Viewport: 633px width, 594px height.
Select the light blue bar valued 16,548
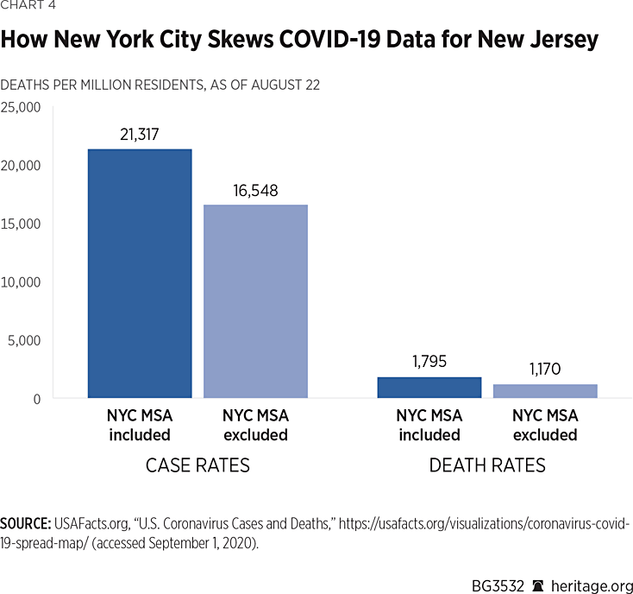tap(255, 301)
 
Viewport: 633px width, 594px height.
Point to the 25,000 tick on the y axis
tap(21, 107)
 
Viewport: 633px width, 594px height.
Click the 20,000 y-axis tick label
tap(21, 166)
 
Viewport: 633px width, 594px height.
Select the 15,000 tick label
tap(21, 224)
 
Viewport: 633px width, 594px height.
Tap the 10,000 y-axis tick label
tap(21, 282)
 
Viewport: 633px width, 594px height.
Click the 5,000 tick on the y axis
tap(24, 340)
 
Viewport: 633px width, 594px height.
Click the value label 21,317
tap(140, 134)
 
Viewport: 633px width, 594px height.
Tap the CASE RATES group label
tap(197, 466)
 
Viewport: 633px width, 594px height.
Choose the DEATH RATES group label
tap(487, 466)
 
